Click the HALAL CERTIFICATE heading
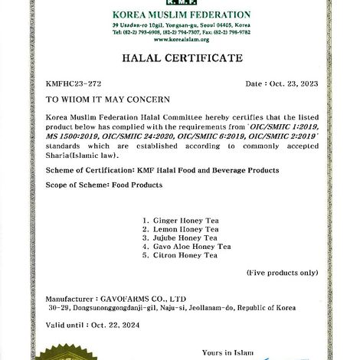point(179,58)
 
